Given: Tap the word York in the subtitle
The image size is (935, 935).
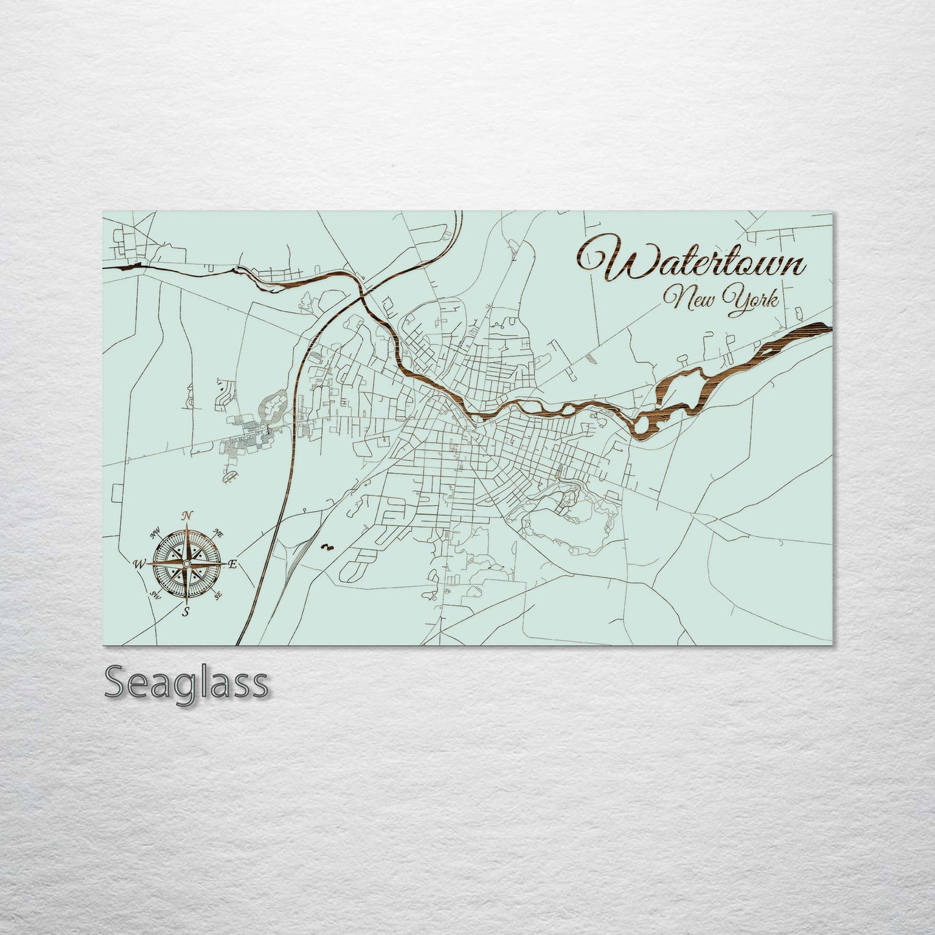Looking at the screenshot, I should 754,301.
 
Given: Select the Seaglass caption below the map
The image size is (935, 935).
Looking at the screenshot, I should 186,683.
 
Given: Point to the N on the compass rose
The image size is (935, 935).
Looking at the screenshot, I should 187,515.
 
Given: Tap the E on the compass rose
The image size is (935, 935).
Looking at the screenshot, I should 233,564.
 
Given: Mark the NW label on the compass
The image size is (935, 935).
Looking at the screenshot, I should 155,534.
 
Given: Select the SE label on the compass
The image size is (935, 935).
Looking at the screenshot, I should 218,595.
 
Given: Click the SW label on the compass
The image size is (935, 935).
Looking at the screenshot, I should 155,595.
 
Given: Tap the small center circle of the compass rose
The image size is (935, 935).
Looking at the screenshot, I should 186,564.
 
